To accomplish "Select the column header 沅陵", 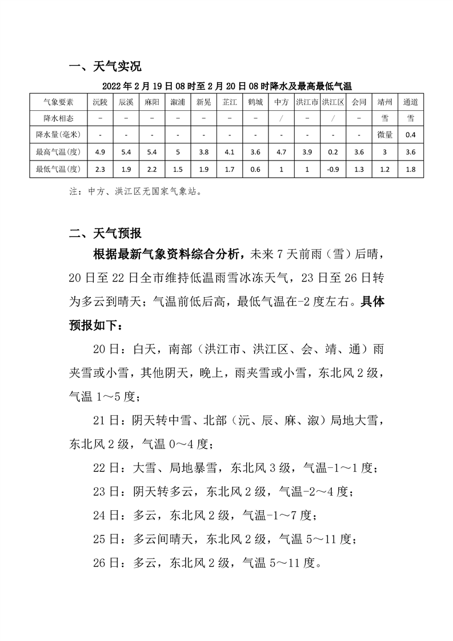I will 100,102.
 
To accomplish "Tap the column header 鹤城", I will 255,102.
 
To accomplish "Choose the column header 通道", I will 410,102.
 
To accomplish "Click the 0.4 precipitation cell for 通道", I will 410,135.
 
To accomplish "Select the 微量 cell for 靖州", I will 384,135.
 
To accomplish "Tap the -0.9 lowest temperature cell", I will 332,169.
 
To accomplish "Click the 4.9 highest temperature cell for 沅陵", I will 100,152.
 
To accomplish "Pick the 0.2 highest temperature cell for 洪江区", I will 332,152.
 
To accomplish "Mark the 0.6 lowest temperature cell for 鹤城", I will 255,169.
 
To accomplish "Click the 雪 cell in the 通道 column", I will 410,118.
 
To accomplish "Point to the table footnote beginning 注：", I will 134,192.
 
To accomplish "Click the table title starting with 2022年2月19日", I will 226,86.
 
